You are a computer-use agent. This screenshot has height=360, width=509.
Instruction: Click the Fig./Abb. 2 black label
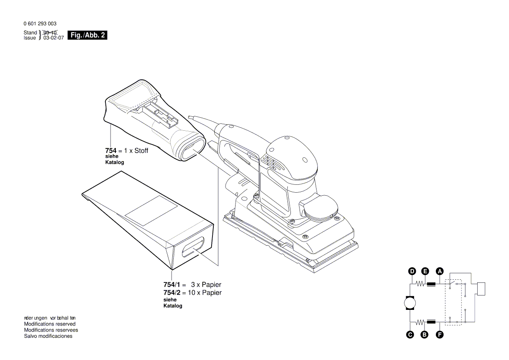click(x=88, y=35)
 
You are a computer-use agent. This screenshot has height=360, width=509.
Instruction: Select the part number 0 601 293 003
click(x=40, y=24)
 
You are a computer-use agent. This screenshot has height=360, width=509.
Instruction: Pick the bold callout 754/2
click(x=172, y=293)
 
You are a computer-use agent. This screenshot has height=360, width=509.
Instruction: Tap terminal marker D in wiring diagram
click(x=412, y=272)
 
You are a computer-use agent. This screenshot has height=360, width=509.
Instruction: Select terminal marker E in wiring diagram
click(x=425, y=272)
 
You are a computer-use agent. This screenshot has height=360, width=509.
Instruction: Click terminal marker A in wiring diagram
click(x=440, y=272)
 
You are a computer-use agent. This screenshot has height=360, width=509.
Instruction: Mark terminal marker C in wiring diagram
click(x=410, y=335)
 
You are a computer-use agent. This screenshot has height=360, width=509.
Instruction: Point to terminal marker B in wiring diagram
click(x=425, y=335)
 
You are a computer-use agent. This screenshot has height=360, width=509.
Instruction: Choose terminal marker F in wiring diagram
click(x=440, y=335)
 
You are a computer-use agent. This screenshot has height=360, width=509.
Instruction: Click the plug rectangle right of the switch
click(x=481, y=289)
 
